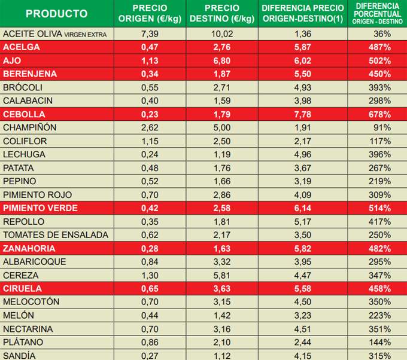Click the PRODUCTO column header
[x=57, y=14]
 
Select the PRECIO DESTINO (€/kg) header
[x=221, y=14]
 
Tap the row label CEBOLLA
[x=23, y=114]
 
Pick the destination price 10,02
[x=221, y=33]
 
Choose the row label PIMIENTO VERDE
[x=40, y=208]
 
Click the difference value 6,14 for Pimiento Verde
[x=303, y=208]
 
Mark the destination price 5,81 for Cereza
[x=221, y=275]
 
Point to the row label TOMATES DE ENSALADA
[x=56, y=235]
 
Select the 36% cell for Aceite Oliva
[x=382, y=33]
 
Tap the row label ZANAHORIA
[x=29, y=248]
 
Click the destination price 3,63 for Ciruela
[x=221, y=289]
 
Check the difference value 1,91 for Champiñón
[x=303, y=127]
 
